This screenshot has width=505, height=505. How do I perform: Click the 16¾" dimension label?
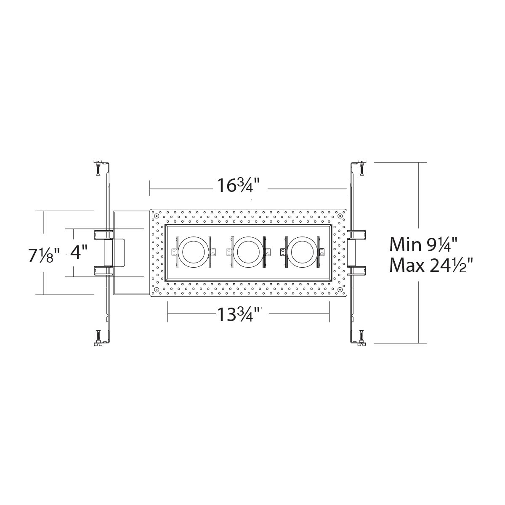click(x=239, y=185)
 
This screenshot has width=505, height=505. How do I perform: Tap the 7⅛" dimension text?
click(x=44, y=255)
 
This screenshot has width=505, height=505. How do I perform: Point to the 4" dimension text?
click(x=79, y=253)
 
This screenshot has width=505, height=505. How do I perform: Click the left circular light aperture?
click(x=193, y=252)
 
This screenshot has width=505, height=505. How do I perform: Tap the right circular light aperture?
click(x=301, y=252)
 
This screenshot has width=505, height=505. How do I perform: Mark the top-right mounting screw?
click(x=361, y=168)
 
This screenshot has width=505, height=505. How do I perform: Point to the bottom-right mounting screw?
click(x=361, y=337)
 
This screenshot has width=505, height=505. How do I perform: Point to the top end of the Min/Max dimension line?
click(x=419, y=162)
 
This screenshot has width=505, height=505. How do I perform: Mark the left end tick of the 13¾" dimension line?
click(x=168, y=314)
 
